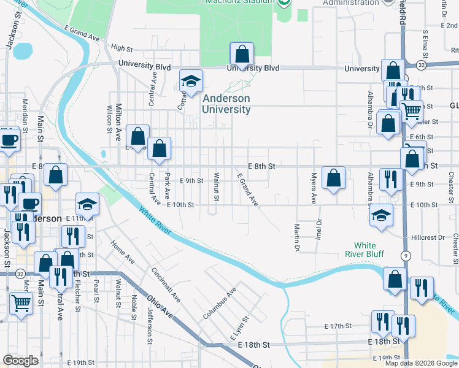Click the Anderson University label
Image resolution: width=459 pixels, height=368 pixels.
point(227,104)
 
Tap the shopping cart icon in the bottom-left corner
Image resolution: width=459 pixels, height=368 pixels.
point(21,302)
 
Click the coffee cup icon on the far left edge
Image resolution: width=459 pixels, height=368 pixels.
point(9,139)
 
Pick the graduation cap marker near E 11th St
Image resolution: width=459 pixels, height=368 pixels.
point(87,205)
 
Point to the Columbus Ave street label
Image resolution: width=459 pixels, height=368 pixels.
point(220,304)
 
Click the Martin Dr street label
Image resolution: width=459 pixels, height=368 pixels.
point(296,236)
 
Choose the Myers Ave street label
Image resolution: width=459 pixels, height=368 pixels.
point(313,188)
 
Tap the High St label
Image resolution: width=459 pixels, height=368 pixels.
point(122,47)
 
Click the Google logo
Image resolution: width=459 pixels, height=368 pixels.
point(21,361)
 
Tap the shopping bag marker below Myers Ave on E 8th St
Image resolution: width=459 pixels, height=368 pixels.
point(333,178)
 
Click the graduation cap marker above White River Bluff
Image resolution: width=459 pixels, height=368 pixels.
point(381,216)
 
